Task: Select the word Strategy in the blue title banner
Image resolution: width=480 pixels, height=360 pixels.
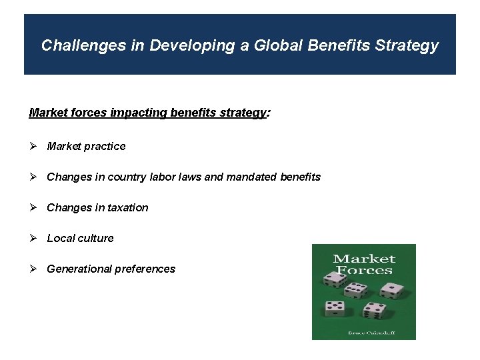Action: [407, 45]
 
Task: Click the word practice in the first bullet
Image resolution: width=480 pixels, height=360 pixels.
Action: [104, 146]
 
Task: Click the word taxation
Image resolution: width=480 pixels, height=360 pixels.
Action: [126, 207]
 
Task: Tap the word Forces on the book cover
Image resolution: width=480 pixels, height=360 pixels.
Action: [364, 271]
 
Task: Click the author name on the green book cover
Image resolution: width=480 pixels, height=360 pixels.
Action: [364, 332]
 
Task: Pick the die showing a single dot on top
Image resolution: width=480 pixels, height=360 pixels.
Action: [392, 290]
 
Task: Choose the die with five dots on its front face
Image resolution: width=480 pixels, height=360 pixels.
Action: [335, 309]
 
